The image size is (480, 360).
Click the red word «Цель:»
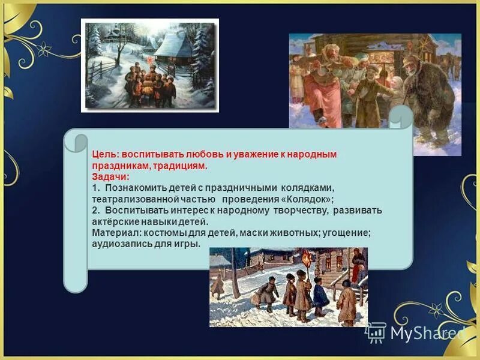[x=106, y=154]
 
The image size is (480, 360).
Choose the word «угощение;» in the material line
[x=348, y=233]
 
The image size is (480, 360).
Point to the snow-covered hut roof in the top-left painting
[x=172, y=45]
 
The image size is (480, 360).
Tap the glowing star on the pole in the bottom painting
[x=307, y=259]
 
